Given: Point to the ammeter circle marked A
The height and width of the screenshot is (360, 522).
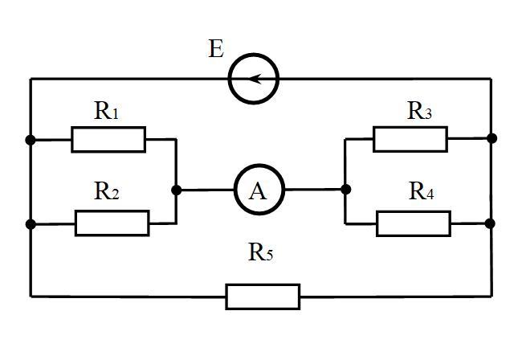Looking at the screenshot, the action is (234, 189).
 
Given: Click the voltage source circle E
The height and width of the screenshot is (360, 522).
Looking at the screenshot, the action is (228, 79).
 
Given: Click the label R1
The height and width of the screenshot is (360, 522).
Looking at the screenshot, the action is (106, 111).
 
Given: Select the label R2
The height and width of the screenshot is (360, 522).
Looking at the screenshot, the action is (107, 191).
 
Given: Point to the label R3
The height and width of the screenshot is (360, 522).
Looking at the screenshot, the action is (419, 111).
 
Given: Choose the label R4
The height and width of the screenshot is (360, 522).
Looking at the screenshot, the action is (421, 191).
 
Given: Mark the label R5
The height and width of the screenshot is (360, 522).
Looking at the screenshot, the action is (261, 252).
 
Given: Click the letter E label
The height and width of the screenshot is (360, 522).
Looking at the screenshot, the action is (216, 49).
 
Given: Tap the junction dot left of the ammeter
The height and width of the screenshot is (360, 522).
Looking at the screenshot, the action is (177, 190).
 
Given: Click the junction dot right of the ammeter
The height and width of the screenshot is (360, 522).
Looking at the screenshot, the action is (346, 190).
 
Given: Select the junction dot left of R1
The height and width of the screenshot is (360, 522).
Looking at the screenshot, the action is (31, 140).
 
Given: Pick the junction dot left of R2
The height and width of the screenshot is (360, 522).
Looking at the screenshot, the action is (31, 224).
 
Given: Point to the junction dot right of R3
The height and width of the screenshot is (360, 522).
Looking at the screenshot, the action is (491, 138).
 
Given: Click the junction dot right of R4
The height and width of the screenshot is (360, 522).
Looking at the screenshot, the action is (490, 223).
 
